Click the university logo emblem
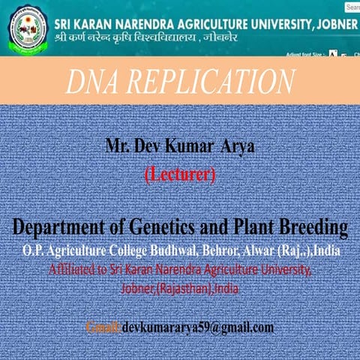click(25, 28)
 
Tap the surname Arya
click(237, 146)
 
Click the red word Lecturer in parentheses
click(180, 175)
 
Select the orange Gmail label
click(103, 328)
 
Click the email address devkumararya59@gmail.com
click(199, 328)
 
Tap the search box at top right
click(352, 7)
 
